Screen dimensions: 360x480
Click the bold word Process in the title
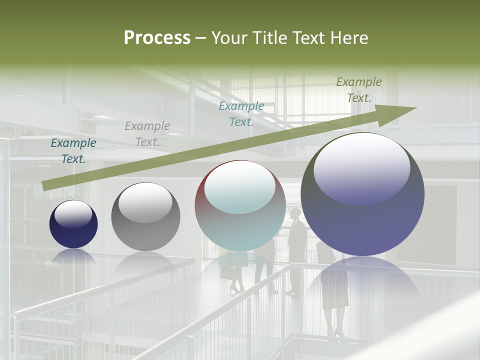click(x=157, y=38)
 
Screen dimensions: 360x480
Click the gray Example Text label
click(x=147, y=134)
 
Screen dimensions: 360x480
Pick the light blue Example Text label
click(x=241, y=114)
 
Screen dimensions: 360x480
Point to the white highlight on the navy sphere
click(x=73, y=214)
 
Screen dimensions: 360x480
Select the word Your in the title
click(x=228, y=38)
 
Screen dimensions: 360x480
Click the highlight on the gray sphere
click(x=145, y=202)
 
